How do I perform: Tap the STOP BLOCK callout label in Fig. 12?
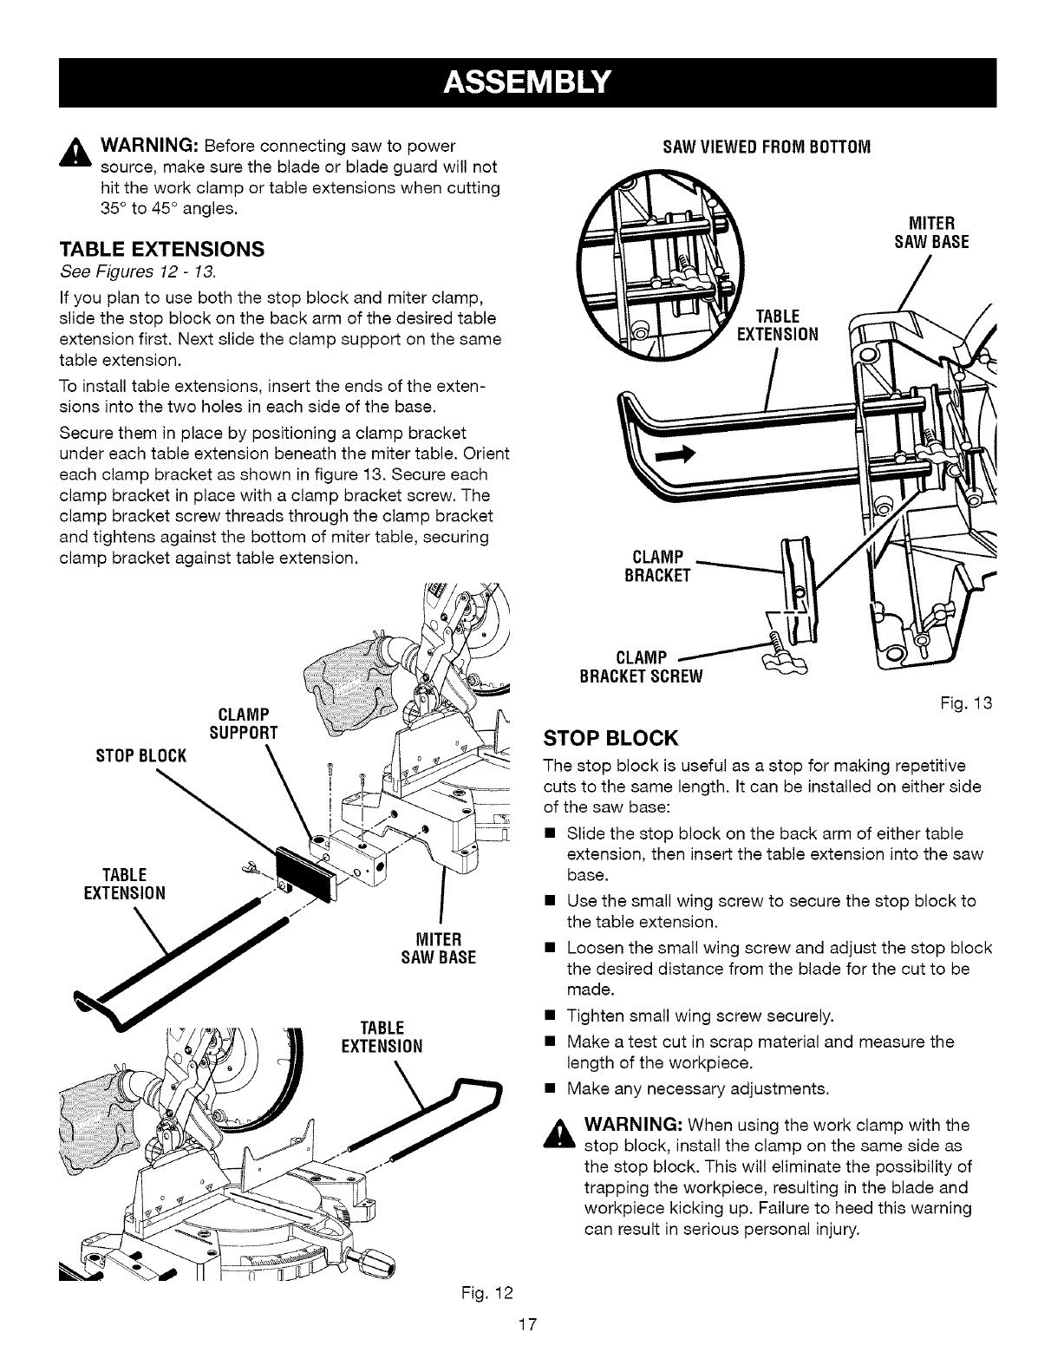141,755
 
